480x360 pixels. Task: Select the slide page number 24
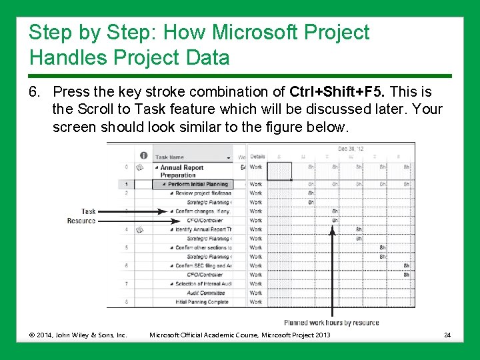click(x=448, y=334)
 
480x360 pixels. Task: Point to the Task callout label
click(x=89, y=211)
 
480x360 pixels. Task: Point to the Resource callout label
click(x=81, y=221)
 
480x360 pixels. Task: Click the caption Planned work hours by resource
click(x=331, y=323)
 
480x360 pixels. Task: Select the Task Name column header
click(x=170, y=157)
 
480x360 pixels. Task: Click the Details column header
click(x=257, y=157)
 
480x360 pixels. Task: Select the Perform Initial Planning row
click(x=197, y=184)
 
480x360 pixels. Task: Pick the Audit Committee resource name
click(x=205, y=293)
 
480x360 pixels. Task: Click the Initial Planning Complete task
click(x=202, y=302)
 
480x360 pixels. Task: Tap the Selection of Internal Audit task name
click(x=203, y=284)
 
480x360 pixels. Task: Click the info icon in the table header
click(x=143, y=156)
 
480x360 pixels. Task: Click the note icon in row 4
click(x=140, y=229)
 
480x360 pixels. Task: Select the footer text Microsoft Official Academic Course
click(x=239, y=334)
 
